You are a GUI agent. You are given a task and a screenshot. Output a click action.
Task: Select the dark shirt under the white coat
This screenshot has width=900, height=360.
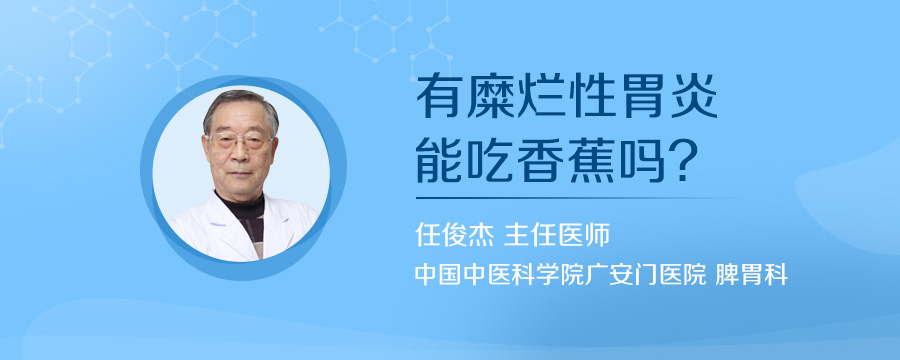pos(251,224)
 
